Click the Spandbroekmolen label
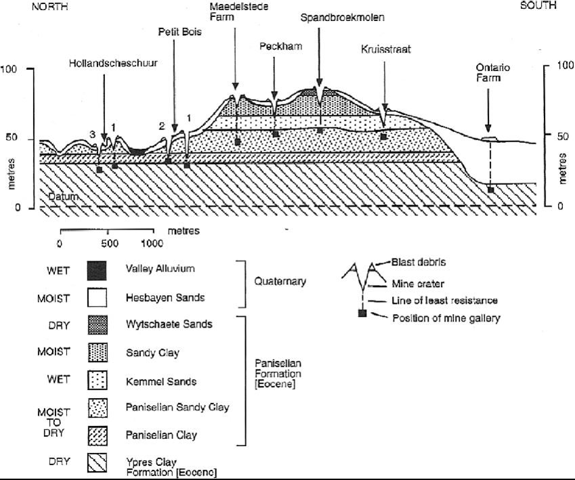coord(342,18)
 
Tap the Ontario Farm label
coord(492,72)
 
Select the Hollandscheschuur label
coord(113,63)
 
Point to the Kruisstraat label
coord(386,49)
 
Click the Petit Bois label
coord(179,32)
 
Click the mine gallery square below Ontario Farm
coord(490,190)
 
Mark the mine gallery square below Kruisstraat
coord(383,137)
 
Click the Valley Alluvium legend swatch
coord(97,271)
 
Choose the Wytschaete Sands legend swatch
coord(98,324)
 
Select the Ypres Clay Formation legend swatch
coord(98,463)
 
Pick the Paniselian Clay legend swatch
coord(98,435)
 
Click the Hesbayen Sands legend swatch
coord(97,297)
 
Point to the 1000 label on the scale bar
coord(152,243)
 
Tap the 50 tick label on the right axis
coord(563,136)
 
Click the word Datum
coord(63,196)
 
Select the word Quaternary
coord(280,282)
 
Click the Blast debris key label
coord(419,262)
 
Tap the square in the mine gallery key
coord(362,313)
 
